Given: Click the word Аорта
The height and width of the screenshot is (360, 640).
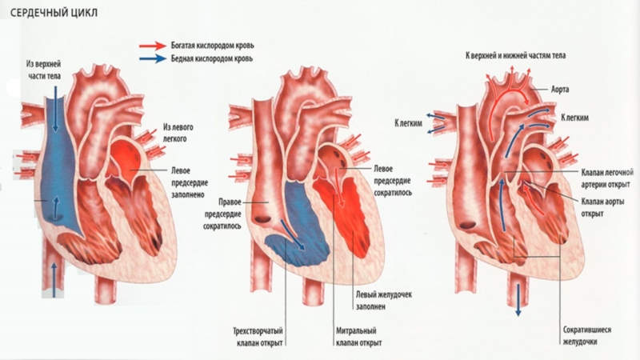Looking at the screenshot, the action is tap(561, 90).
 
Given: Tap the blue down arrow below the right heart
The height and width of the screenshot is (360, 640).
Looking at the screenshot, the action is tap(518, 301).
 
